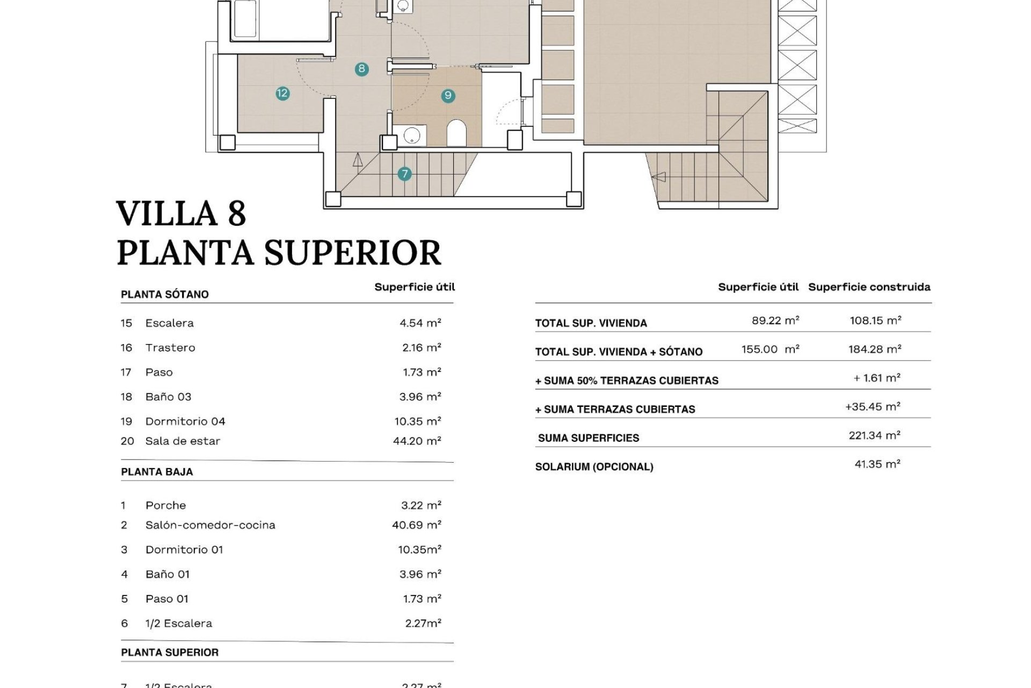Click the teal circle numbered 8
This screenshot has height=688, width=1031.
click(x=362, y=69)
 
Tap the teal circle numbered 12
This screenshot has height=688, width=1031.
click(x=282, y=94)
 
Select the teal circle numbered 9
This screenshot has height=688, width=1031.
click(x=448, y=96)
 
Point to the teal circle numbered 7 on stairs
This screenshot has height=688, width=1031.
click(x=404, y=174)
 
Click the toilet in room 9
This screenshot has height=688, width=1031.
click(x=456, y=132)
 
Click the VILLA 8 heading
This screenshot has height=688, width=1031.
click(x=181, y=213)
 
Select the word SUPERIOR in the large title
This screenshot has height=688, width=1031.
click(x=353, y=253)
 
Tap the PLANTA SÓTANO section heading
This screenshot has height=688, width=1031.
click(x=165, y=295)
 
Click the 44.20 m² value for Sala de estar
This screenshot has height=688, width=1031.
click(x=417, y=441)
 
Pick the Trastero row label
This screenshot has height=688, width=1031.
click(x=170, y=348)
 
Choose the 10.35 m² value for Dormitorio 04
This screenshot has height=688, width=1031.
click(x=418, y=421)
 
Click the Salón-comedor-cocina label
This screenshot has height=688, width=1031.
click(x=210, y=525)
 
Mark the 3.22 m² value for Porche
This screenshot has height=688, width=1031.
click(x=421, y=505)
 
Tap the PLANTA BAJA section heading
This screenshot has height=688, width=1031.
click(x=157, y=472)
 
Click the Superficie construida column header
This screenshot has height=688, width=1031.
click(x=869, y=287)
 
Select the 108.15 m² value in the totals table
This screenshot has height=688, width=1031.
click(x=875, y=320)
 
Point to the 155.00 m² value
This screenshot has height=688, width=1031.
click(x=770, y=349)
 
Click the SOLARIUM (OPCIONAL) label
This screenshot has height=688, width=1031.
click(x=594, y=467)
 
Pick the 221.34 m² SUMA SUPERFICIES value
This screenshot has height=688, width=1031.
click(x=874, y=435)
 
